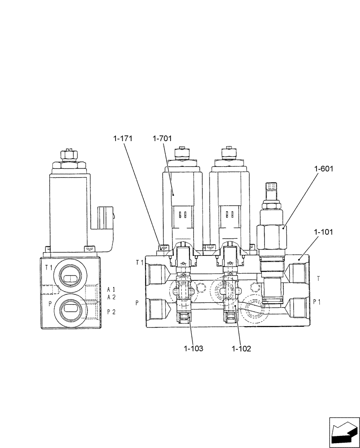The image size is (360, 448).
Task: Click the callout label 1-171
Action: click(x=122, y=139)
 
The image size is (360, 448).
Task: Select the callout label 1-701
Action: click(x=162, y=139)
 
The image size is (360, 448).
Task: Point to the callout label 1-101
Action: click(x=324, y=232)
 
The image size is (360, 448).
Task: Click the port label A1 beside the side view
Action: click(x=111, y=289)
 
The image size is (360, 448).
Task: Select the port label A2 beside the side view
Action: click(x=111, y=297)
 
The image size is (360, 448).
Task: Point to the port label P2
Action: click(x=111, y=312)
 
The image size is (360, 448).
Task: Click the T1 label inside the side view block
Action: click(x=48, y=268)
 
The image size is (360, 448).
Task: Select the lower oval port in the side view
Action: click(x=70, y=308)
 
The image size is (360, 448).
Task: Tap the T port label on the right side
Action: click(x=318, y=278)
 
